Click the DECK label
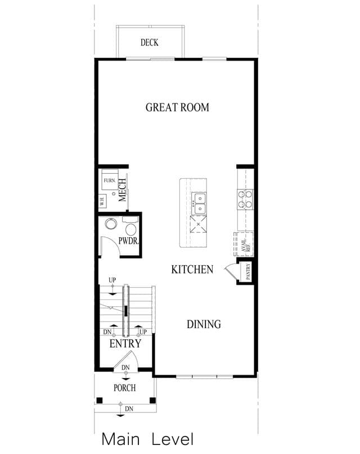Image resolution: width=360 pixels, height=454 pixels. (149, 43)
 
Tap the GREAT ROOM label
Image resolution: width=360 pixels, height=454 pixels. (177, 107)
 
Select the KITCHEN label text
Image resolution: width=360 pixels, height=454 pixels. (192, 270)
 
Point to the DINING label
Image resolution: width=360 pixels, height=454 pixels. (204, 324)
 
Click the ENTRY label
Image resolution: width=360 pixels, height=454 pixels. (125, 344)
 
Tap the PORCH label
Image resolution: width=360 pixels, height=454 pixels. (125, 388)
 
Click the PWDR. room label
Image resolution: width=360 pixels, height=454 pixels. (129, 240)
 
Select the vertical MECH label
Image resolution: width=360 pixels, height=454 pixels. (122, 190)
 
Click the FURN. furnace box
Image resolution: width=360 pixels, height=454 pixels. (110, 180)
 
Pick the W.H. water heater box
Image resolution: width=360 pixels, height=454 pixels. (102, 201)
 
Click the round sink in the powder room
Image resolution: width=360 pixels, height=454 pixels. (111, 224)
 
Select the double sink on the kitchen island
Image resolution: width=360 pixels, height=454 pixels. (200, 203)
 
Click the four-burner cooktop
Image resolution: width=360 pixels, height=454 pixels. (245, 199)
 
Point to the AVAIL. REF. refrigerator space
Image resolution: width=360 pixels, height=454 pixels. (244, 244)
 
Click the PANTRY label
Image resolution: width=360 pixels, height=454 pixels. (248, 271)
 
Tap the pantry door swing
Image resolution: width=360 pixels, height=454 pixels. (231, 271)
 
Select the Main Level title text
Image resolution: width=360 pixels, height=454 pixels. (147, 439)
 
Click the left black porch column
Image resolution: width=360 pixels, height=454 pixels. (100, 401)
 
